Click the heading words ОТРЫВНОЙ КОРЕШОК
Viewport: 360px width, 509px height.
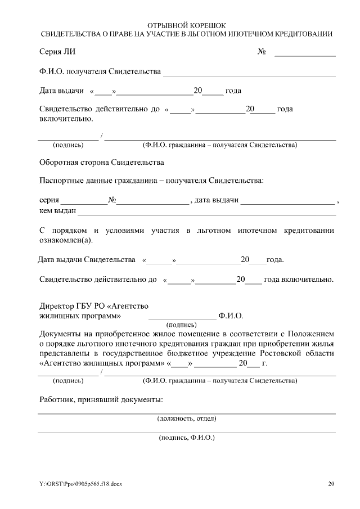(186, 26)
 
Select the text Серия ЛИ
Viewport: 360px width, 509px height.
(57, 52)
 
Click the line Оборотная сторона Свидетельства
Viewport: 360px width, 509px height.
(102, 163)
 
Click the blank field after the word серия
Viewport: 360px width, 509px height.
(84, 201)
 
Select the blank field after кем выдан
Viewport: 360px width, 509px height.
(206, 212)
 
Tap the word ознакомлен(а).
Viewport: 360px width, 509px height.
(67, 240)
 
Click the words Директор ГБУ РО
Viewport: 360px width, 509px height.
(70, 307)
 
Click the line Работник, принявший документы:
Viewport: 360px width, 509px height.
(102, 400)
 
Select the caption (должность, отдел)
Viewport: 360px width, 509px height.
(186, 418)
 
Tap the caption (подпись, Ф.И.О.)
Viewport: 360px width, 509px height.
(187, 437)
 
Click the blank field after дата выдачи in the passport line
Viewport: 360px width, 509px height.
(287, 201)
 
